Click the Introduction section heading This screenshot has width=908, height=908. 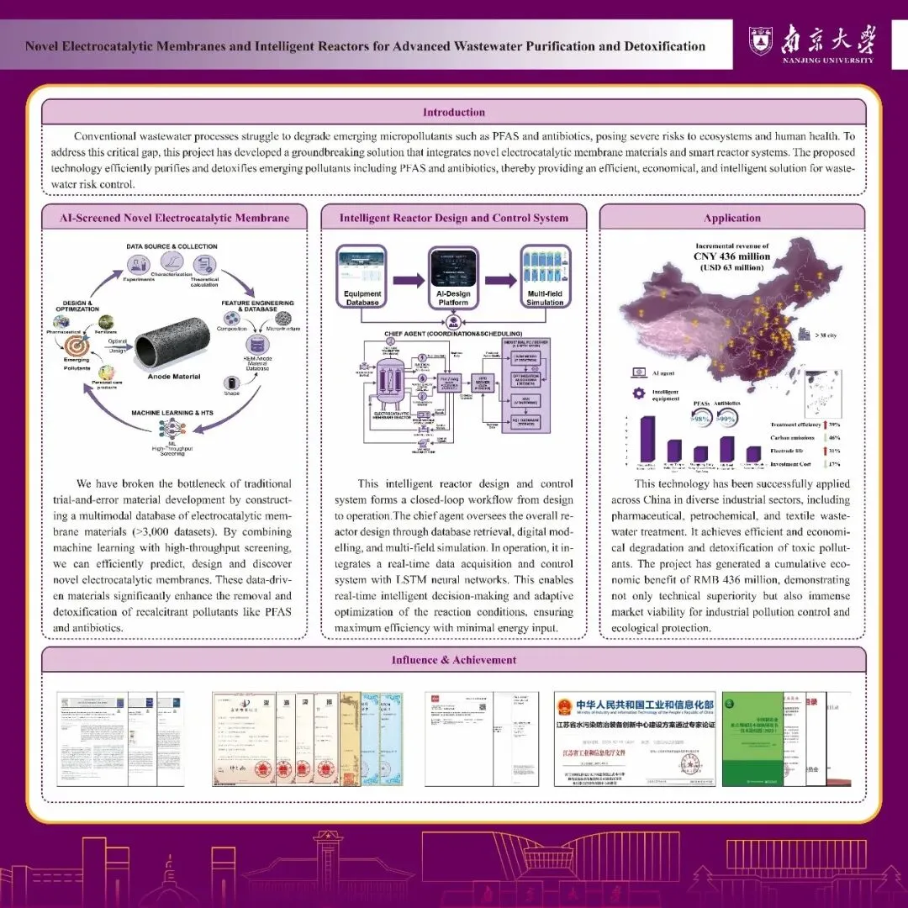click(454, 112)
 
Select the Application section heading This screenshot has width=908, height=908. click(732, 218)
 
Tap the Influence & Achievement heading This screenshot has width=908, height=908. click(454, 660)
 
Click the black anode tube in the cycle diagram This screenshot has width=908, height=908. click(174, 345)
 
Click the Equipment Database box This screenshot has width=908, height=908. click(362, 275)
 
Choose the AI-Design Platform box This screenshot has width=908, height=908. click(453, 275)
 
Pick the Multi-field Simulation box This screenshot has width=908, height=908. click(545, 275)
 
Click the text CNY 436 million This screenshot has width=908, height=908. click(731, 256)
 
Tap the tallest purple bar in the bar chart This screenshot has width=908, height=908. click(647, 439)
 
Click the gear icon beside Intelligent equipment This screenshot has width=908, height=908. click(637, 393)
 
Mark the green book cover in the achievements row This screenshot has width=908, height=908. click(752, 738)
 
